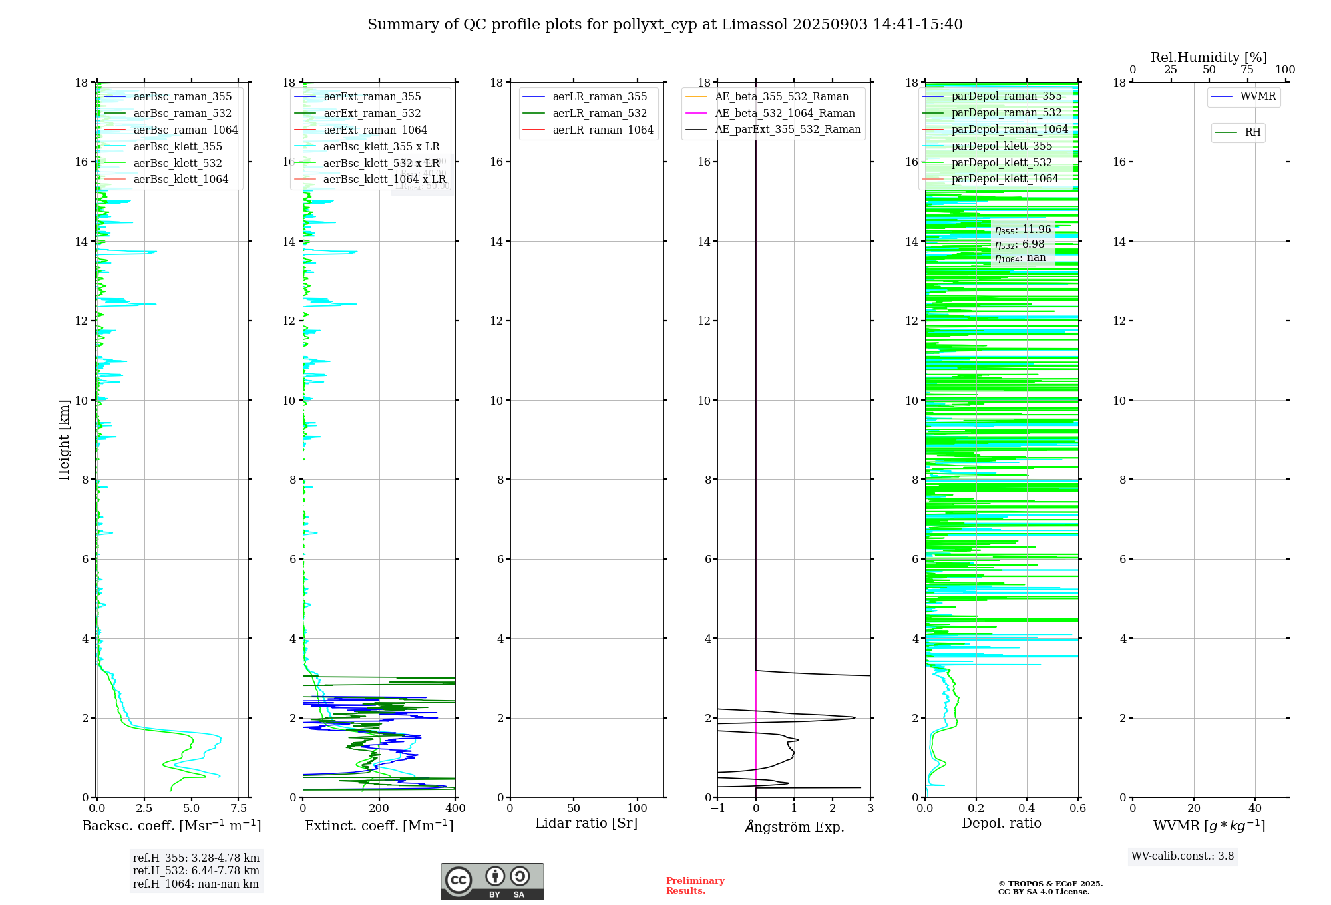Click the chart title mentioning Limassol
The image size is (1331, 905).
pos(665,25)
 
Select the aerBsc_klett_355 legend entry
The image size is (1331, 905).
pos(178,146)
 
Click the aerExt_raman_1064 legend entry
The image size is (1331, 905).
pos(375,130)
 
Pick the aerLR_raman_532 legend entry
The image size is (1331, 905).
pos(600,113)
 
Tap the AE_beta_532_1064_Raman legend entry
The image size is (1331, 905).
pos(785,113)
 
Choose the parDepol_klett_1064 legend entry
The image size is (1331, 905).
pos(1004,178)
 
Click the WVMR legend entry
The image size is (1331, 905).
pos(1258,96)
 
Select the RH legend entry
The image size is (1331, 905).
pos(1252,132)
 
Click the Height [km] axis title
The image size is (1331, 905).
pos(64,439)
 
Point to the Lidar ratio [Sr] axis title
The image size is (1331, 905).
pos(586,823)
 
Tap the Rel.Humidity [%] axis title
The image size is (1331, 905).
pos(1209,57)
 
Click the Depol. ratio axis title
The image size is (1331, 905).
pos(1001,823)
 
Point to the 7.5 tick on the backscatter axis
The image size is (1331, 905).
pos(239,808)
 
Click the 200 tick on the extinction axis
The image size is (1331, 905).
pos(379,808)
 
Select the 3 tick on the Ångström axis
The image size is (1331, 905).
pos(870,808)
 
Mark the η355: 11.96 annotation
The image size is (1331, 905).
pos(1023,230)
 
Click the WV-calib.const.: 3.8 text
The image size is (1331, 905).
pos(1183,856)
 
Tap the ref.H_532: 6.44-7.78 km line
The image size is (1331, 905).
pos(196,870)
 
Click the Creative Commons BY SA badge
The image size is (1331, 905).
pos(492,881)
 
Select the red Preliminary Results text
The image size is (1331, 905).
pos(695,886)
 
